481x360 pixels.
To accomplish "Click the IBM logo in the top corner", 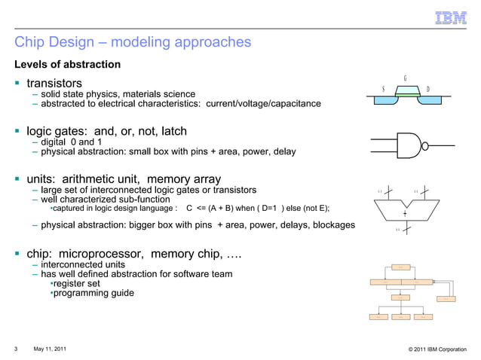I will pos(451,17).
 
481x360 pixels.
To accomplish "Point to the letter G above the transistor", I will pos(406,78).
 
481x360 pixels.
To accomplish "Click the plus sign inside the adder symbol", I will pos(405,214).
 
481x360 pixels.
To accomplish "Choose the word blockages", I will pos(329,225).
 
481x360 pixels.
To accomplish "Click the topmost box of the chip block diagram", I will pos(401,267).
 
